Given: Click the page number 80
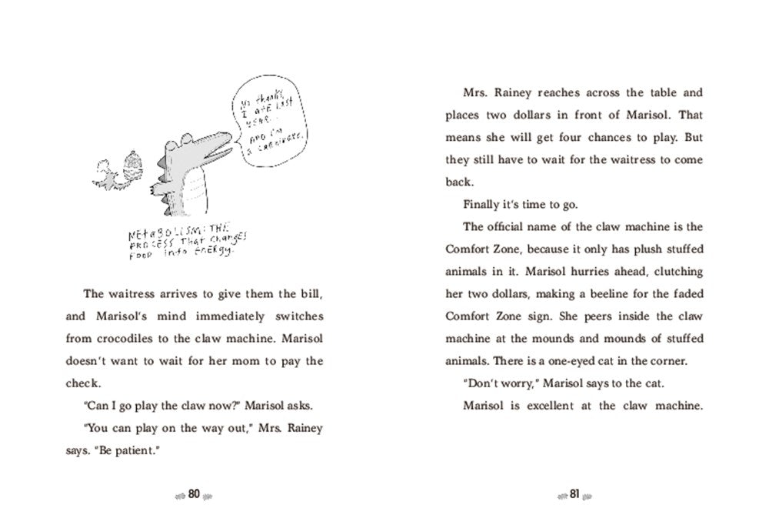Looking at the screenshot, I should (194, 494).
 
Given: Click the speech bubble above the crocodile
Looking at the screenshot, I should (267, 126).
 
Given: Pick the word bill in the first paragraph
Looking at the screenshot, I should (311, 294).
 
